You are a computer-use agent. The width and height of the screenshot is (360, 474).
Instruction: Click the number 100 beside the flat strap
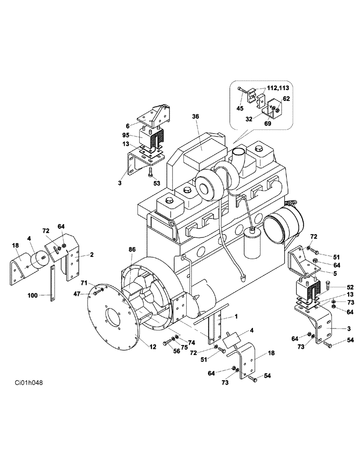32,295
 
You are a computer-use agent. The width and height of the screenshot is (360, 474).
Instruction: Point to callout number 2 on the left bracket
91,255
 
